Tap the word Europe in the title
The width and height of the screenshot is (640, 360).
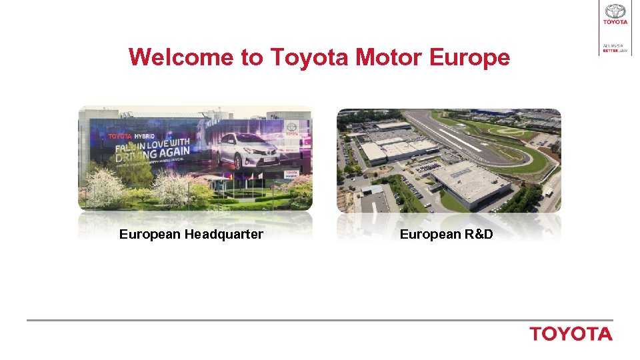tap(470, 57)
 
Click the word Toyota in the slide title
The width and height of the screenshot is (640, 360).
tap(310, 57)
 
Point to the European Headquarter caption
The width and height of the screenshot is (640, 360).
tap(191, 234)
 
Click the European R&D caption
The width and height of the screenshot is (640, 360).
tap(446, 234)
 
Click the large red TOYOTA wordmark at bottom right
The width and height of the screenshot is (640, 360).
tap(571, 334)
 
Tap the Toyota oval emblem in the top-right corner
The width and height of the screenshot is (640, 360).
tap(615, 11)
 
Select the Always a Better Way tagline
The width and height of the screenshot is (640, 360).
tap(615, 49)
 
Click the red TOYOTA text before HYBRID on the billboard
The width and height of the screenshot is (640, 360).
tap(121, 137)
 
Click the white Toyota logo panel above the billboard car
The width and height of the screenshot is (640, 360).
tap(291, 128)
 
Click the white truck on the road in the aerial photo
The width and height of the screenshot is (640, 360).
tap(548, 193)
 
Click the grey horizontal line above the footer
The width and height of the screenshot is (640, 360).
tap(320, 320)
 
